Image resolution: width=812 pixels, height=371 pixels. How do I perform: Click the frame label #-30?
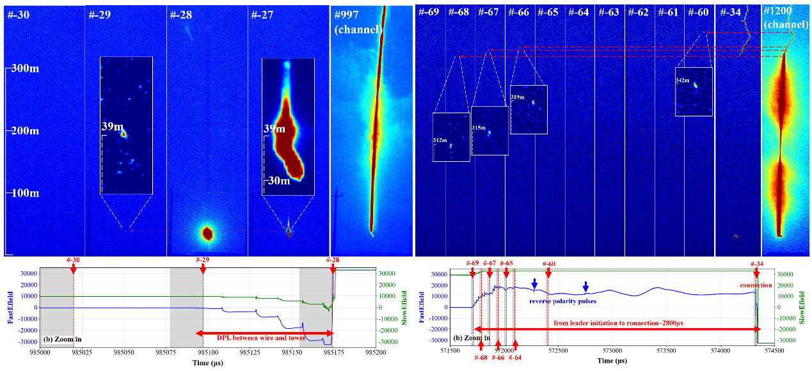click(x=18, y=15)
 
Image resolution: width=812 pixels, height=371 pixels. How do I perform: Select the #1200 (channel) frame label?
click(x=786, y=18)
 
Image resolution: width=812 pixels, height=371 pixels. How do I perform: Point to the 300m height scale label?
click(x=26, y=68)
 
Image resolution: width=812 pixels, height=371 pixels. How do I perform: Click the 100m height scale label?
click(x=26, y=193)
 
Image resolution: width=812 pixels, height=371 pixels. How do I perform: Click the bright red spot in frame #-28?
click(x=207, y=233)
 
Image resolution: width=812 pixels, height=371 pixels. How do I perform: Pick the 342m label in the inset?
click(x=683, y=81)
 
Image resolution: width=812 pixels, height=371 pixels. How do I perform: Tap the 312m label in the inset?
click(x=440, y=140)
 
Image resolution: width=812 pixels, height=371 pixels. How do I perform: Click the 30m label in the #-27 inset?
click(x=280, y=181)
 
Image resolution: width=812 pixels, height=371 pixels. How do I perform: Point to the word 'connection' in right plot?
click(x=756, y=285)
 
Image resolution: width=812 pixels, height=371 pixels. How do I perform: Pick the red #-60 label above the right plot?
click(x=548, y=264)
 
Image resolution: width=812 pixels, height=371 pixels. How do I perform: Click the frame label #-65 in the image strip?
click(x=548, y=13)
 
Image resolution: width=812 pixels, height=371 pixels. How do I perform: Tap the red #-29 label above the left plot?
click(x=203, y=260)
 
